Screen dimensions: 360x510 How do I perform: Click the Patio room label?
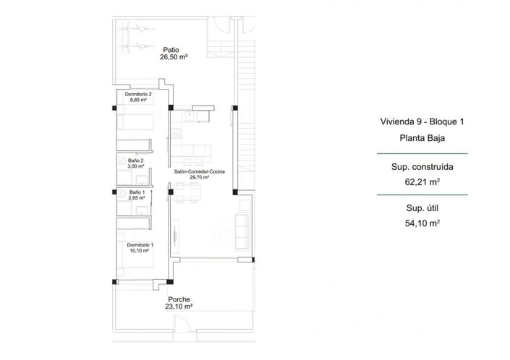171,50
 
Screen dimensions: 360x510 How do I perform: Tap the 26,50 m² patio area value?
174,58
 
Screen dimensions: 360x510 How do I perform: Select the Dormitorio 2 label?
137,95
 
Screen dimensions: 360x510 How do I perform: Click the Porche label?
179,299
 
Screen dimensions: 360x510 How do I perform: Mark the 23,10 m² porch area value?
179,307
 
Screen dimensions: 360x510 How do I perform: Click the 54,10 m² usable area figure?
423,223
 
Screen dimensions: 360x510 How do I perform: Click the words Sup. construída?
423,166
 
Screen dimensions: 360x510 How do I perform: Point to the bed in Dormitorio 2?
135,123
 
